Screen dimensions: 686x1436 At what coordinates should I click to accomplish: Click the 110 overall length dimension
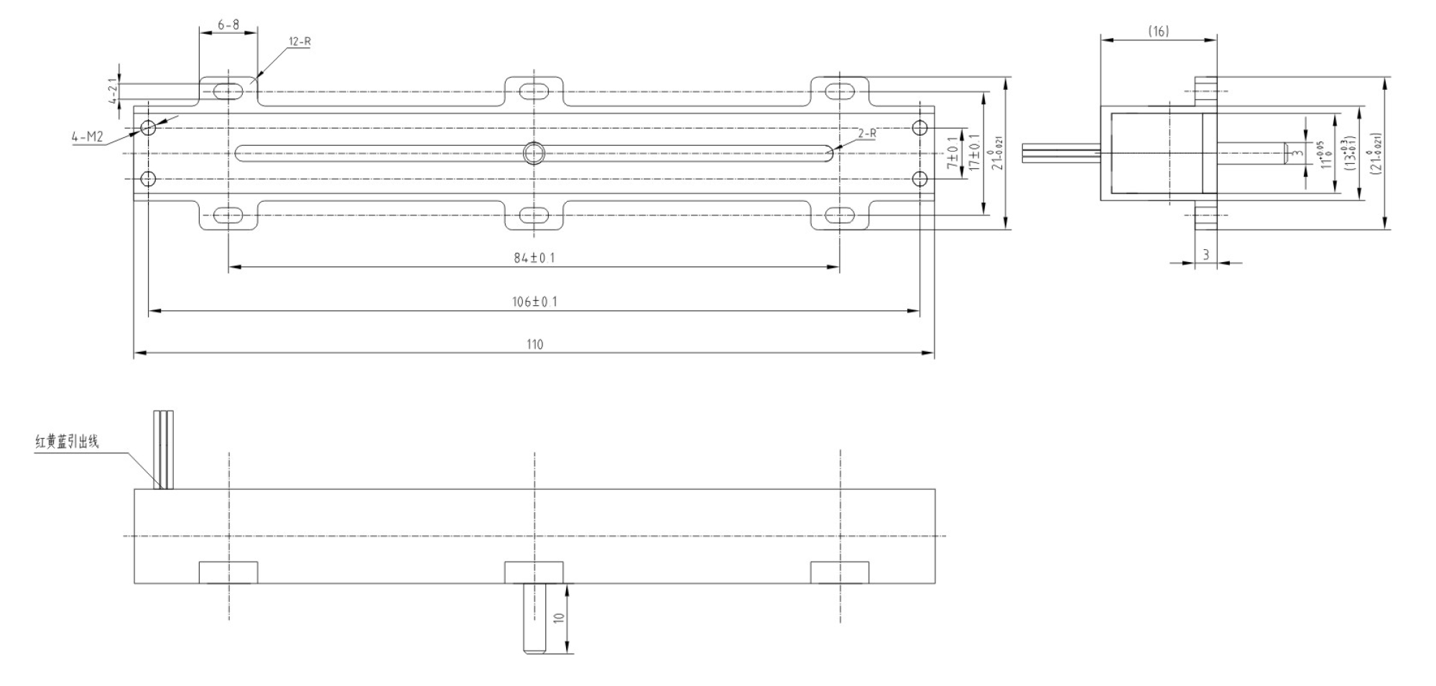click(534, 344)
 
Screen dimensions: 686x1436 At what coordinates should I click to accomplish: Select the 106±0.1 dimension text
click(534, 302)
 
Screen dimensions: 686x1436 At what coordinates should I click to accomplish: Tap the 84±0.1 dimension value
click(534, 258)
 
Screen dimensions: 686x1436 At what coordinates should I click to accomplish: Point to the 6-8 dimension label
click(228, 24)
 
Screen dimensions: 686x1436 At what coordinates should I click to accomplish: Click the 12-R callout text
click(300, 42)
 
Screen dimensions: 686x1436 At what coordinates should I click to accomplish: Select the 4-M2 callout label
click(88, 136)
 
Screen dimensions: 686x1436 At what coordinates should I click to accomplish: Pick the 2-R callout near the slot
click(867, 134)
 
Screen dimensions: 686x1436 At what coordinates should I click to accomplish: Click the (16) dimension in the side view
click(1158, 31)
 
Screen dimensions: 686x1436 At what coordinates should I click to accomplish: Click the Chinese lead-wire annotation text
click(68, 442)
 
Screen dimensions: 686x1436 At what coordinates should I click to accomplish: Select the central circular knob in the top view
click(534, 153)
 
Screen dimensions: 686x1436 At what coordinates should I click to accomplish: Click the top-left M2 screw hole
click(149, 128)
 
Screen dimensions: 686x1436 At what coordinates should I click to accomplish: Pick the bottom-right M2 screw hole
click(919, 178)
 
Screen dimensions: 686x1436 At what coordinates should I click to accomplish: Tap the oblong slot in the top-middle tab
click(534, 91)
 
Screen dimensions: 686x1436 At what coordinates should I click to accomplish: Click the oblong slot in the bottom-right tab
click(839, 215)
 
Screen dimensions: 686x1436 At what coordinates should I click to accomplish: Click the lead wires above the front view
click(164, 449)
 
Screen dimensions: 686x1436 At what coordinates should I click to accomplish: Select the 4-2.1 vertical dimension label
click(113, 92)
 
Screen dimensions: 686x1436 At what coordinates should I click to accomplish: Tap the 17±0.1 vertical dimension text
click(974, 152)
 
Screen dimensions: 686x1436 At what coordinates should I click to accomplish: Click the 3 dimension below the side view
click(1205, 255)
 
